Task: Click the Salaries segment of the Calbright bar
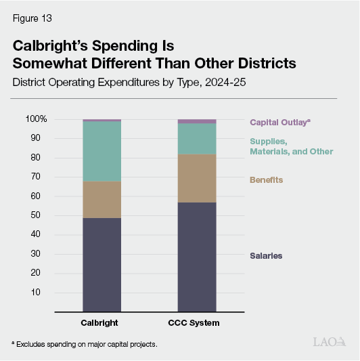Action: click(102, 265)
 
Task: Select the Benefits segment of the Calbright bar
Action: click(102, 200)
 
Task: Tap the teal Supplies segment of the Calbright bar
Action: click(102, 152)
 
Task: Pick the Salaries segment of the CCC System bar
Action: click(197, 257)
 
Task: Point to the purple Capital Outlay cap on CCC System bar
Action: click(197, 121)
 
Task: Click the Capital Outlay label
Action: click(279, 123)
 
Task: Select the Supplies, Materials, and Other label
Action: click(291, 146)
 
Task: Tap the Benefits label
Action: click(266, 180)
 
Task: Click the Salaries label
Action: click(266, 256)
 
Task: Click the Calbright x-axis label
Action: click(102, 323)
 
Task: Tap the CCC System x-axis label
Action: click(197, 323)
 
